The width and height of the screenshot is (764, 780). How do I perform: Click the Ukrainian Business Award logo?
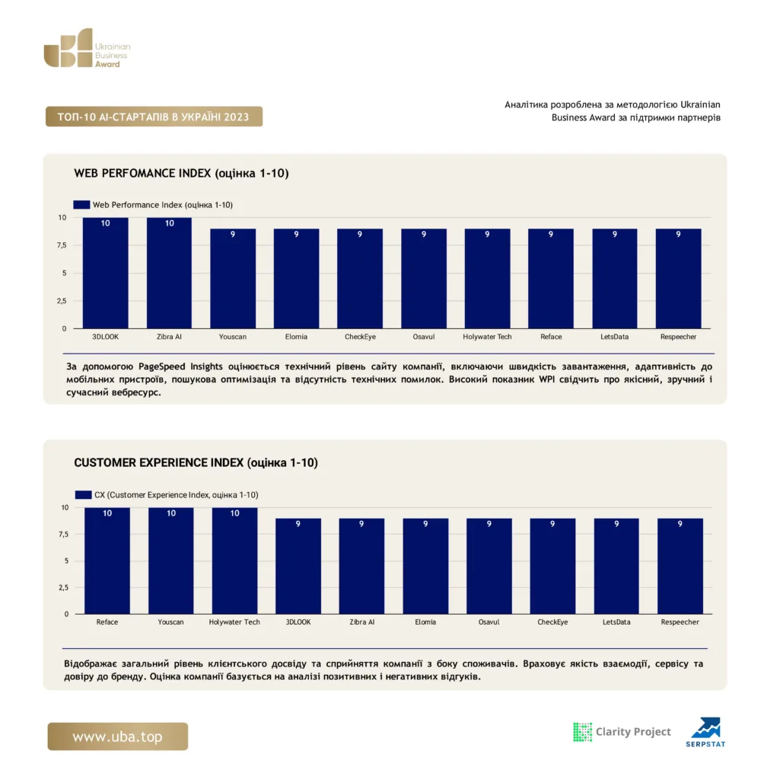coord(87,48)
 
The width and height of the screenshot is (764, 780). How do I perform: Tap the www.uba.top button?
coord(118,737)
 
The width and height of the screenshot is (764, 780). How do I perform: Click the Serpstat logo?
coord(705,732)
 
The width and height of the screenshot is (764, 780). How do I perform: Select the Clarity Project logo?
coord(622,732)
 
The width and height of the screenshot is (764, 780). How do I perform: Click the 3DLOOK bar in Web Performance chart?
coord(105,273)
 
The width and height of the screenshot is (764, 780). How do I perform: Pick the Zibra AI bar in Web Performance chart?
coord(169,273)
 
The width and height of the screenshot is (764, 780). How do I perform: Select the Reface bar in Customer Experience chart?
coord(107,561)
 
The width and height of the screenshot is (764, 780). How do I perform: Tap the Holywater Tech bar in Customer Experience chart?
coord(234,561)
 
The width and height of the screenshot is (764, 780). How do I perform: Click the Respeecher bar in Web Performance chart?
coord(679,279)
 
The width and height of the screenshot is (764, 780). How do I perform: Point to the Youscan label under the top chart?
coord(233,337)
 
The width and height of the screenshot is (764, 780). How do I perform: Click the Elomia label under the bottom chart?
coord(425,622)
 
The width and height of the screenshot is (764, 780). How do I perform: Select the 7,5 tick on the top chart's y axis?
coord(62,245)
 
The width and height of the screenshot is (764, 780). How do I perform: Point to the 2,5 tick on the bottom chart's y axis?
coord(64,587)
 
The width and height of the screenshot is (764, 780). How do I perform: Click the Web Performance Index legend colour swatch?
coord(81,204)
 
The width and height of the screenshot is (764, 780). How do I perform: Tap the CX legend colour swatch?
coord(84,494)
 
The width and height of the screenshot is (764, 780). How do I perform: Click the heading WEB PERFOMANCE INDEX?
coord(142,173)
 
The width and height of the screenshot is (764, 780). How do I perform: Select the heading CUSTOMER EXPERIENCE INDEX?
coord(158,462)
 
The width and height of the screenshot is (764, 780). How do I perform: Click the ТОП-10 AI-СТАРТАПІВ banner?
coord(154,117)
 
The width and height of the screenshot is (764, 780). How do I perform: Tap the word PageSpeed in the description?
coord(162,367)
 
